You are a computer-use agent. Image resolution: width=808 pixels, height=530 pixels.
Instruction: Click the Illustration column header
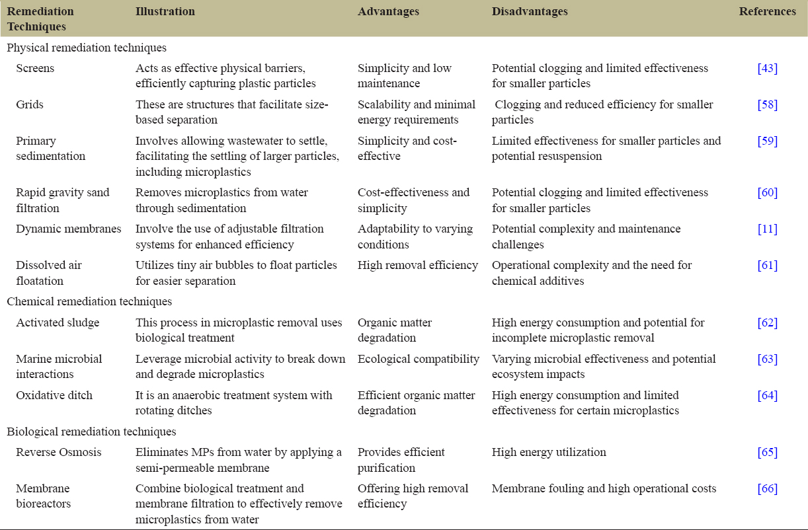click(165, 12)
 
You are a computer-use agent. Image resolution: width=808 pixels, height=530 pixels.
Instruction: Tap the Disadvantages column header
click(530, 12)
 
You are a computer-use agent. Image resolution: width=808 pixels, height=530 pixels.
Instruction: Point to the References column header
click(768, 12)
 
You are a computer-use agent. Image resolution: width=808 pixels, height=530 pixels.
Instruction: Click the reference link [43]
click(768, 69)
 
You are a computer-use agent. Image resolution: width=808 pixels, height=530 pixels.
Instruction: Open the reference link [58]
click(768, 105)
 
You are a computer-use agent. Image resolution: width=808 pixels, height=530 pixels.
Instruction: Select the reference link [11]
click(768, 229)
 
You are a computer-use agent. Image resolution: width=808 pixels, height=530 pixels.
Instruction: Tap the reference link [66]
click(768, 489)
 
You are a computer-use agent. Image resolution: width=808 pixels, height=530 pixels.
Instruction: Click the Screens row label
click(35, 69)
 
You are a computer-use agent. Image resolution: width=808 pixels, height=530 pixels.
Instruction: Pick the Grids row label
click(30, 105)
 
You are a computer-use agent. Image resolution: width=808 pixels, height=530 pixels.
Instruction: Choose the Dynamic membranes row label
click(69, 229)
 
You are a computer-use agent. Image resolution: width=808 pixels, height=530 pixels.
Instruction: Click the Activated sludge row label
click(58, 323)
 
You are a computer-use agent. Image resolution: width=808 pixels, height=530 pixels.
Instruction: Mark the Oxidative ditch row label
click(54, 396)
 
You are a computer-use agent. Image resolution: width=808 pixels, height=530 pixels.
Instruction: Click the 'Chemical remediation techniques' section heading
click(89, 302)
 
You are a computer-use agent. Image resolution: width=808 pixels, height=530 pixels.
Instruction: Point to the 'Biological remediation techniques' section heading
click(91, 432)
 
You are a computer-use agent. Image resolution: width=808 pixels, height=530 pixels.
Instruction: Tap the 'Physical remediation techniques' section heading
click(87, 48)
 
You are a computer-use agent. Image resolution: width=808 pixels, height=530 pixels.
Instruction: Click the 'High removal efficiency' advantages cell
click(418, 266)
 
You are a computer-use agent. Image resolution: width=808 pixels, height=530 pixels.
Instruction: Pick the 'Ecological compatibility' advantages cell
click(419, 360)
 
